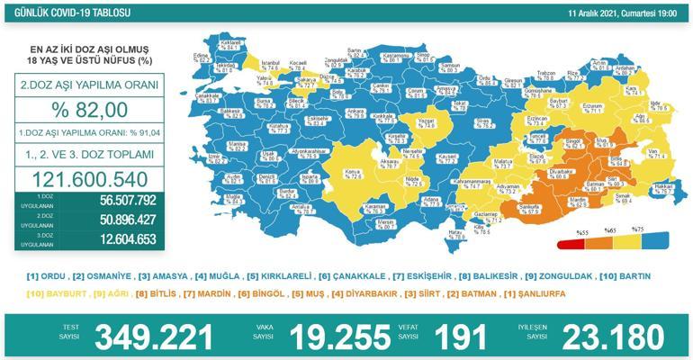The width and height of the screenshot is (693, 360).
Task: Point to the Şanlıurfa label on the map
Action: (x=516, y=210)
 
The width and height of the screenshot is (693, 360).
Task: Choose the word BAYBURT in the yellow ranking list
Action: (x=68, y=293)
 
